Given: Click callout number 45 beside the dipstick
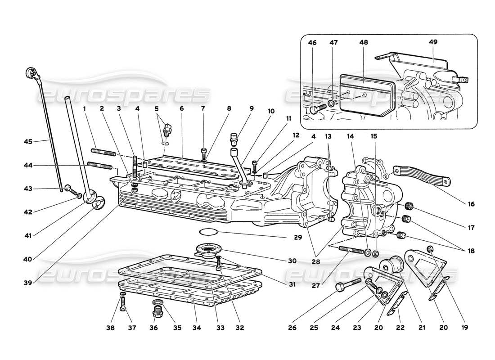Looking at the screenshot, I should coord(28,142).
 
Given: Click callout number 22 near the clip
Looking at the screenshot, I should coord(400,328).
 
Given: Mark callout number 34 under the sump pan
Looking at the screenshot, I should coord(196,328).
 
